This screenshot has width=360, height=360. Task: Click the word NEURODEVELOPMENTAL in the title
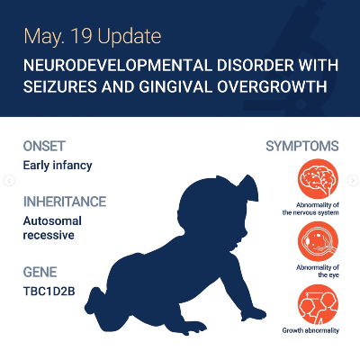(x=118, y=66)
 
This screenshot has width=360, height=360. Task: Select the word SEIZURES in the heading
(x=60, y=87)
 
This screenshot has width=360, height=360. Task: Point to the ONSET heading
(x=44, y=146)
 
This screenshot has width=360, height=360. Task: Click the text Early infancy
(x=58, y=166)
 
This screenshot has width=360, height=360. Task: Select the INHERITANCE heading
(x=65, y=202)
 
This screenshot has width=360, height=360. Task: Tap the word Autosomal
(x=52, y=221)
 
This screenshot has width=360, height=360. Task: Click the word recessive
(x=49, y=235)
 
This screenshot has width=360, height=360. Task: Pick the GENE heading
(x=40, y=272)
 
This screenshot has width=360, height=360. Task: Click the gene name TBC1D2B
(x=49, y=292)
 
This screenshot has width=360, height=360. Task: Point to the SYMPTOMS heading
(x=302, y=146)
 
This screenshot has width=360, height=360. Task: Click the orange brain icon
(x=318, y=179)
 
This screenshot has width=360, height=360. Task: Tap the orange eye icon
(x=318, y=241)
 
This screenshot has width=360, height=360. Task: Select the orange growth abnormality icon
(x=318, y=304)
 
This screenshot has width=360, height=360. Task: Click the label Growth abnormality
(x=310, y=330)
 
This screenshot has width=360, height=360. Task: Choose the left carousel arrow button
(x=9, y=181)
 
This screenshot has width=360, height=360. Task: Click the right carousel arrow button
(x=353, y=181)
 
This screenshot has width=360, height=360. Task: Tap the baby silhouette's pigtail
(x=248, y=187)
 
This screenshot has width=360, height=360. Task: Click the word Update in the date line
(x=130, y=37)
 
